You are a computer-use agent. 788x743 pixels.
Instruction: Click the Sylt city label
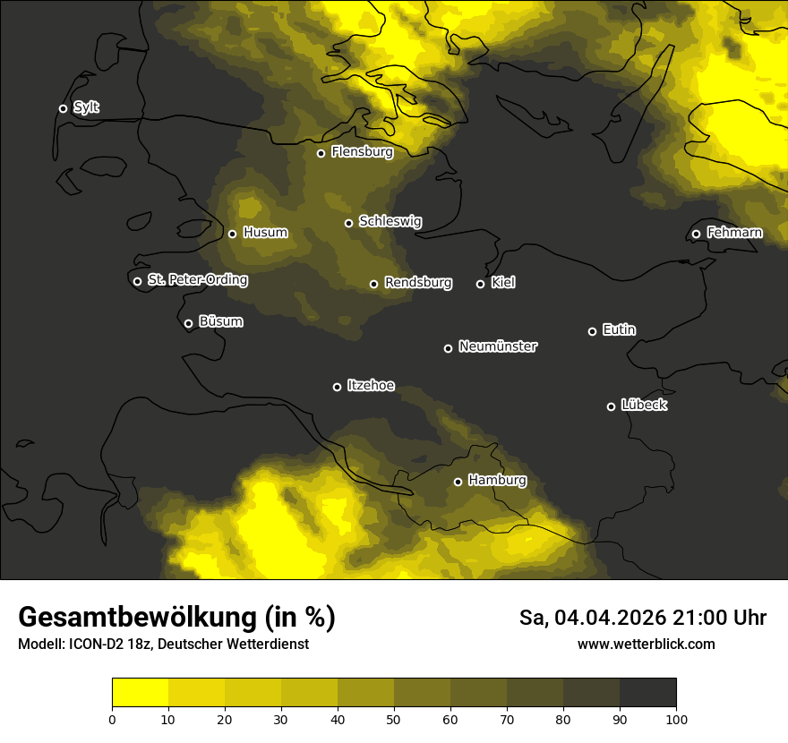(x=86, y=108)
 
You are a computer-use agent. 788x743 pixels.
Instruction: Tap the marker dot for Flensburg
(x=321, y=153)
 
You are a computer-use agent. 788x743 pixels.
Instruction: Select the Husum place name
(x=265, y=233)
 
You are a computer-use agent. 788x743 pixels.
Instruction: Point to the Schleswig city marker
(x=348, y=223)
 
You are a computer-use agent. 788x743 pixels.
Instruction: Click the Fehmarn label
(x=734, y=233)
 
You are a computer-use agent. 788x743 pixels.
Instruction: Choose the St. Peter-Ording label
(x=197, y=280)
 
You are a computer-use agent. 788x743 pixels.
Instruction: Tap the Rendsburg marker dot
(x=373, y=285)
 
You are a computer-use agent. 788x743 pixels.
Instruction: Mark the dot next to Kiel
(x=480, y=285)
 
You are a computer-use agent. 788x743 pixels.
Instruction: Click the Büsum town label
(x=220, y=321)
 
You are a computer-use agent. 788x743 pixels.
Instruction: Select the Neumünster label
(x=497, y=346)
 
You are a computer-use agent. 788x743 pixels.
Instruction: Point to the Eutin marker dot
(x=592, y=331)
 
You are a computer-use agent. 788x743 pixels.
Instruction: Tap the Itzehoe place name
(x=371, y=386)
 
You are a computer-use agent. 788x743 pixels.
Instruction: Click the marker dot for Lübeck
(x=611, y=406)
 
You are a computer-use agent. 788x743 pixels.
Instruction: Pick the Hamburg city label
(x=497, y=480)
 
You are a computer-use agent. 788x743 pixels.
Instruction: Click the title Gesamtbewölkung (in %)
(x=176, y=618)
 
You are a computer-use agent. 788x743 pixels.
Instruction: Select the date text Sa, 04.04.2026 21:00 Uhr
(x=642, y=618)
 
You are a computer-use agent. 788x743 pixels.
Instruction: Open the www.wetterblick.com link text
(x=646, y=645)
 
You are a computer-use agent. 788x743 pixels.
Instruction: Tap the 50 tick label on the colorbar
(x=394, y=719)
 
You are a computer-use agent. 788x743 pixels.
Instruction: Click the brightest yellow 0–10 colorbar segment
(x=140, y=692)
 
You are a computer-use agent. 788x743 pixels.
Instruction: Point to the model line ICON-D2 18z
(x=163, y=645)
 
